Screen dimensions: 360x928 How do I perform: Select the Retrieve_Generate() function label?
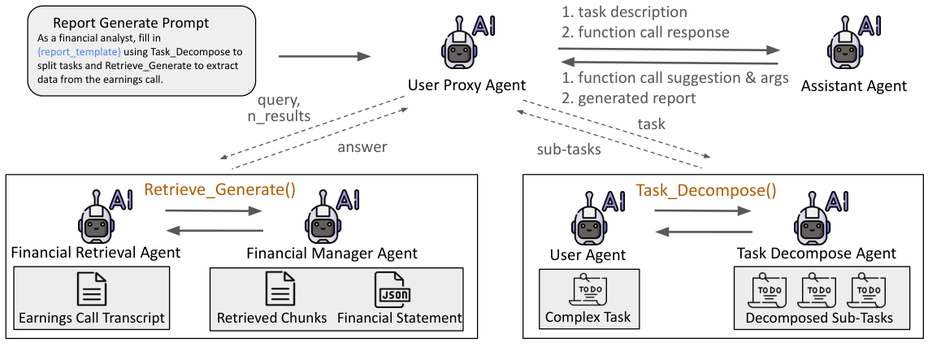click(x=219, y=190)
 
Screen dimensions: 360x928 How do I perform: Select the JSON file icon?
click(x=394, y=290)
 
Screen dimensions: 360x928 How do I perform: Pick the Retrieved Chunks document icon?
click(x=280, y=290)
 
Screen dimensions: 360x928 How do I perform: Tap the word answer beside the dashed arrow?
click(x=363, y=147)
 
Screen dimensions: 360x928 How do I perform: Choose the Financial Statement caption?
click(x=399, y=318)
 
